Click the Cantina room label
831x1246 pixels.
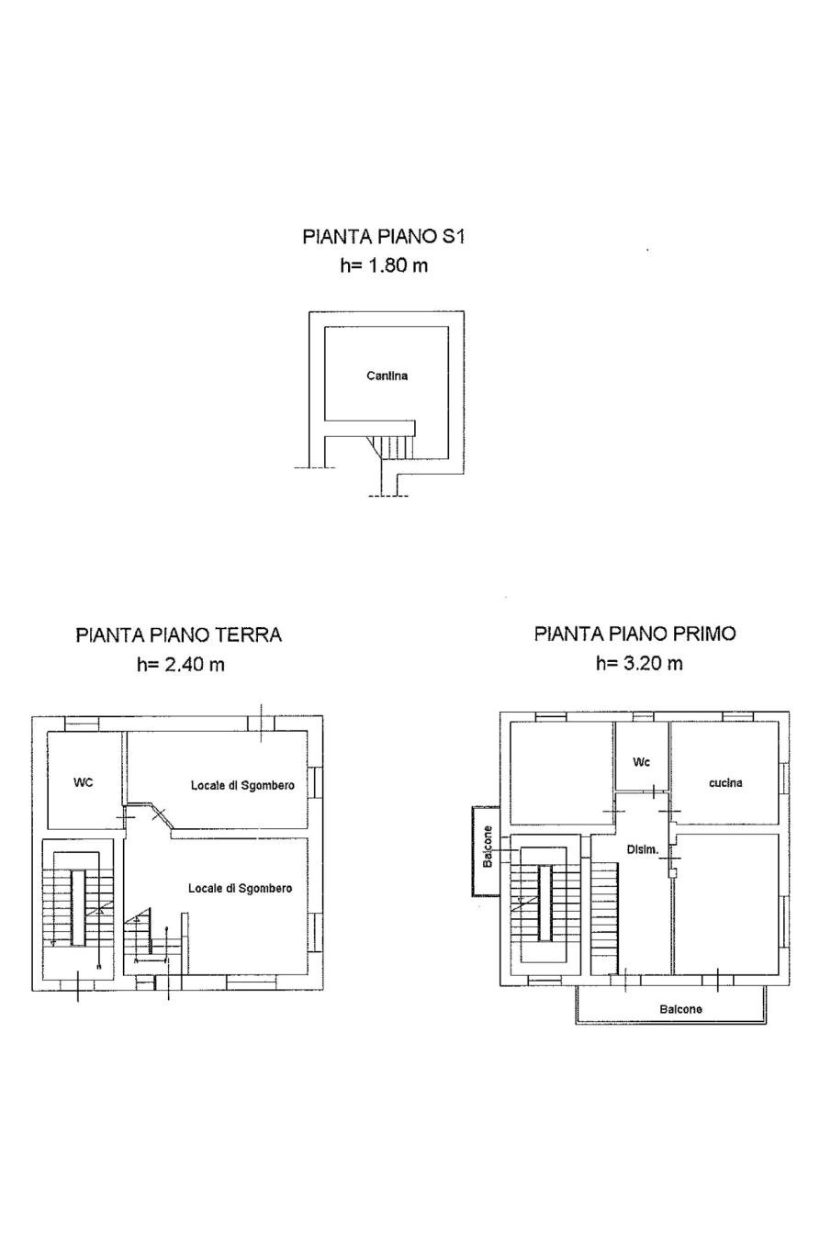387,376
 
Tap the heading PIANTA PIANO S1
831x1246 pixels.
383,236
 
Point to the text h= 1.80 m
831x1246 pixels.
384,265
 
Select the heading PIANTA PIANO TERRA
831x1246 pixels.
178,634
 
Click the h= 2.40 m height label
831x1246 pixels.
181,664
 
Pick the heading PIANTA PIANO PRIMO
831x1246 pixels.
635,634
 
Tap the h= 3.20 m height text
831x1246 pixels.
639,663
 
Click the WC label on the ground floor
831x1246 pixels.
83,782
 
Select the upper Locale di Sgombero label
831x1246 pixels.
242,785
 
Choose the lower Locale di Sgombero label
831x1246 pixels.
241,888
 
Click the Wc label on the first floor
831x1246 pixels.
641,762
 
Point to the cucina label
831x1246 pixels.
725,782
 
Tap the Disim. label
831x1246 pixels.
643,850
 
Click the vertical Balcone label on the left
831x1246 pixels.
488,848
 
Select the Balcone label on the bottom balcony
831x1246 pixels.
680,1009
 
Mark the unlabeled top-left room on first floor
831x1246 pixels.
562,772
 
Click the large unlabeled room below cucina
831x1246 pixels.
727,904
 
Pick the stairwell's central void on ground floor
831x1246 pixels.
78,907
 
